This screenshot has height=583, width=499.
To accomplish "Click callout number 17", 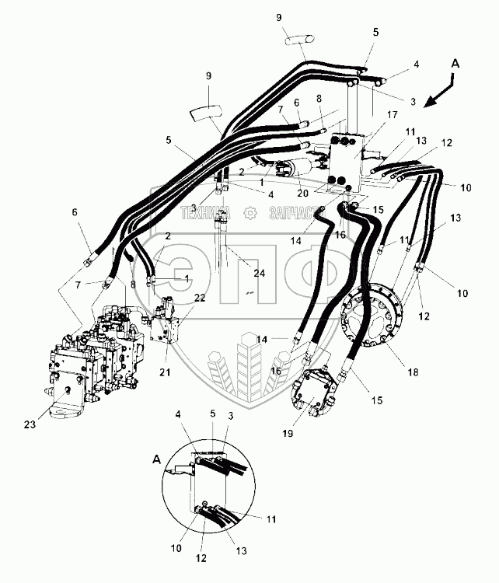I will pos(393,115).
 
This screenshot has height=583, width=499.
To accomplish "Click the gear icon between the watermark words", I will pos(250,211).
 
